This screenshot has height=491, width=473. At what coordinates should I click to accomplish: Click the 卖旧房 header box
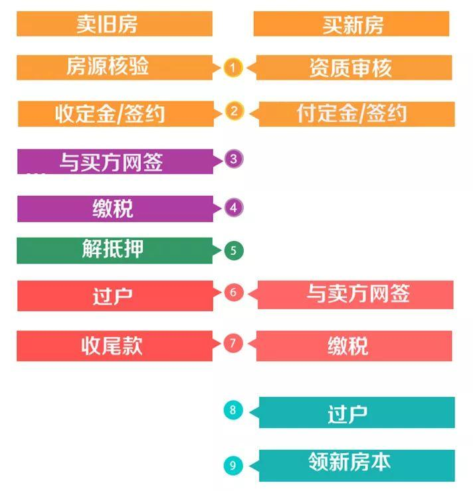click(x=114, y=24)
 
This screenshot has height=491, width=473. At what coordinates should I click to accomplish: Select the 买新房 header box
click(x=351, y=25)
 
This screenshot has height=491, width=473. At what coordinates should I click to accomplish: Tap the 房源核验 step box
click(x=114, y=67)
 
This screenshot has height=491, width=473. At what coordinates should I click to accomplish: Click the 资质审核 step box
click(x=353, y=67)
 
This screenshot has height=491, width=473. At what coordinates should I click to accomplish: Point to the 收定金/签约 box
click(x=114, y=113)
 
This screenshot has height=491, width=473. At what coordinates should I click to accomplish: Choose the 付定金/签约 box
click(x=355, y=113)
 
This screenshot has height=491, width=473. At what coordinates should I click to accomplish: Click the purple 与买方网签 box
click(x=114, y=161)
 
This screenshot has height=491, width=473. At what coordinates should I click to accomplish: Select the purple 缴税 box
click(x=114, y=208)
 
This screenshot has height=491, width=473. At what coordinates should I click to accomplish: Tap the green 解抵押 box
click(x=114, y=250)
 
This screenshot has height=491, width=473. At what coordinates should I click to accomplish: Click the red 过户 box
click(x=114, y=295)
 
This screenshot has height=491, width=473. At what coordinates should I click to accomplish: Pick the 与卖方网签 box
click(x=355, y=295)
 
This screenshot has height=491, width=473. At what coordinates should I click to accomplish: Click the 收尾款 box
click(x=114, y=346)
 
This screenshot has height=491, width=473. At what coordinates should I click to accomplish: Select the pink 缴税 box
click(x=353, y=346)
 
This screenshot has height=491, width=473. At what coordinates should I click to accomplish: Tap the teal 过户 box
click(x=356, y=412)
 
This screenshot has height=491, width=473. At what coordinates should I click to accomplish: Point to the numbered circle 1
click(x=233, y=68)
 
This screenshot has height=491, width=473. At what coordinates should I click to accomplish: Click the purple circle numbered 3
click(x=233, y=159)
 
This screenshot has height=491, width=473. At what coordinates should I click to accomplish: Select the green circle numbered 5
click(x=233, y=251)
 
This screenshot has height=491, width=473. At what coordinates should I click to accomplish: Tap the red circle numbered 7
click(x=233, y=343)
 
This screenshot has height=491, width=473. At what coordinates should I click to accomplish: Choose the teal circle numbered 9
click(x=233, y=465)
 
